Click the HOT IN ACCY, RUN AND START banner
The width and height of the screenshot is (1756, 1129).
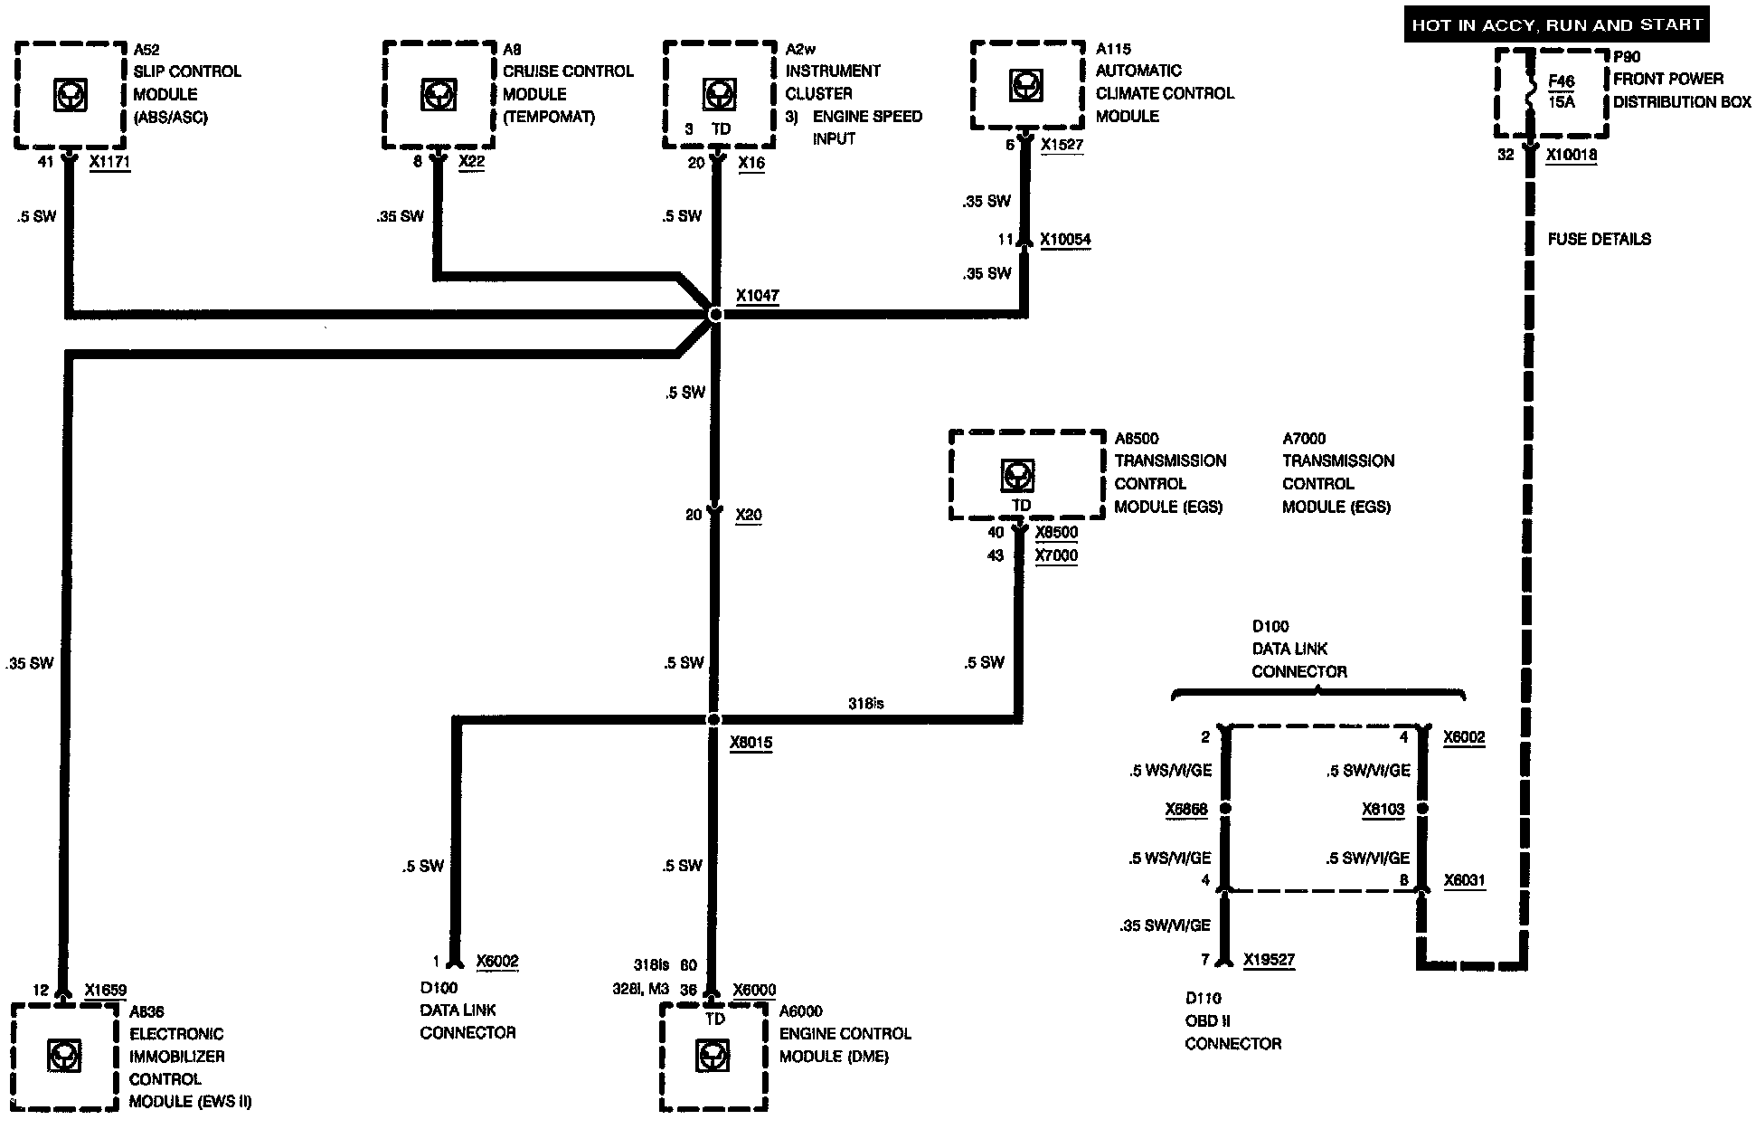click(1557, 24)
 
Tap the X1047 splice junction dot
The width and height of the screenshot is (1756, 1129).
click(715, 314)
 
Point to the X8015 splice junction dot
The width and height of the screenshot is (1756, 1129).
click(713, 719)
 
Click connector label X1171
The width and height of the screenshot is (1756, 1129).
click(109, 162)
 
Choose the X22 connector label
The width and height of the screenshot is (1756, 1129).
click(471, 162)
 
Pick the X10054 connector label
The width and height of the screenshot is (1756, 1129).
click(1065, 240)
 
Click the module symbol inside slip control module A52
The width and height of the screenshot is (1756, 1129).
click(70, 95)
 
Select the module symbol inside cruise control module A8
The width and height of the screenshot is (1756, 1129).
click(439, 95)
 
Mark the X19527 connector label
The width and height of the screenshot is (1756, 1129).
click(1269, 960)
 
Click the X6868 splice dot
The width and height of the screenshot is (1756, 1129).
click(1226, 809)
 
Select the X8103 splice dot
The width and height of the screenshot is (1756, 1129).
click(1422, 809)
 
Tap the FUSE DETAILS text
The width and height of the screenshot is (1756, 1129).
click(1599, 239)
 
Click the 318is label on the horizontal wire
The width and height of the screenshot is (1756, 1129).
click(865, 703)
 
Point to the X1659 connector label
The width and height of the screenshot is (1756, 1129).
click(105, 990)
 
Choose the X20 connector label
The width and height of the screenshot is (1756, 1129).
click(749, 515)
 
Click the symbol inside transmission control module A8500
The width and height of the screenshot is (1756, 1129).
click(1019, 474)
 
